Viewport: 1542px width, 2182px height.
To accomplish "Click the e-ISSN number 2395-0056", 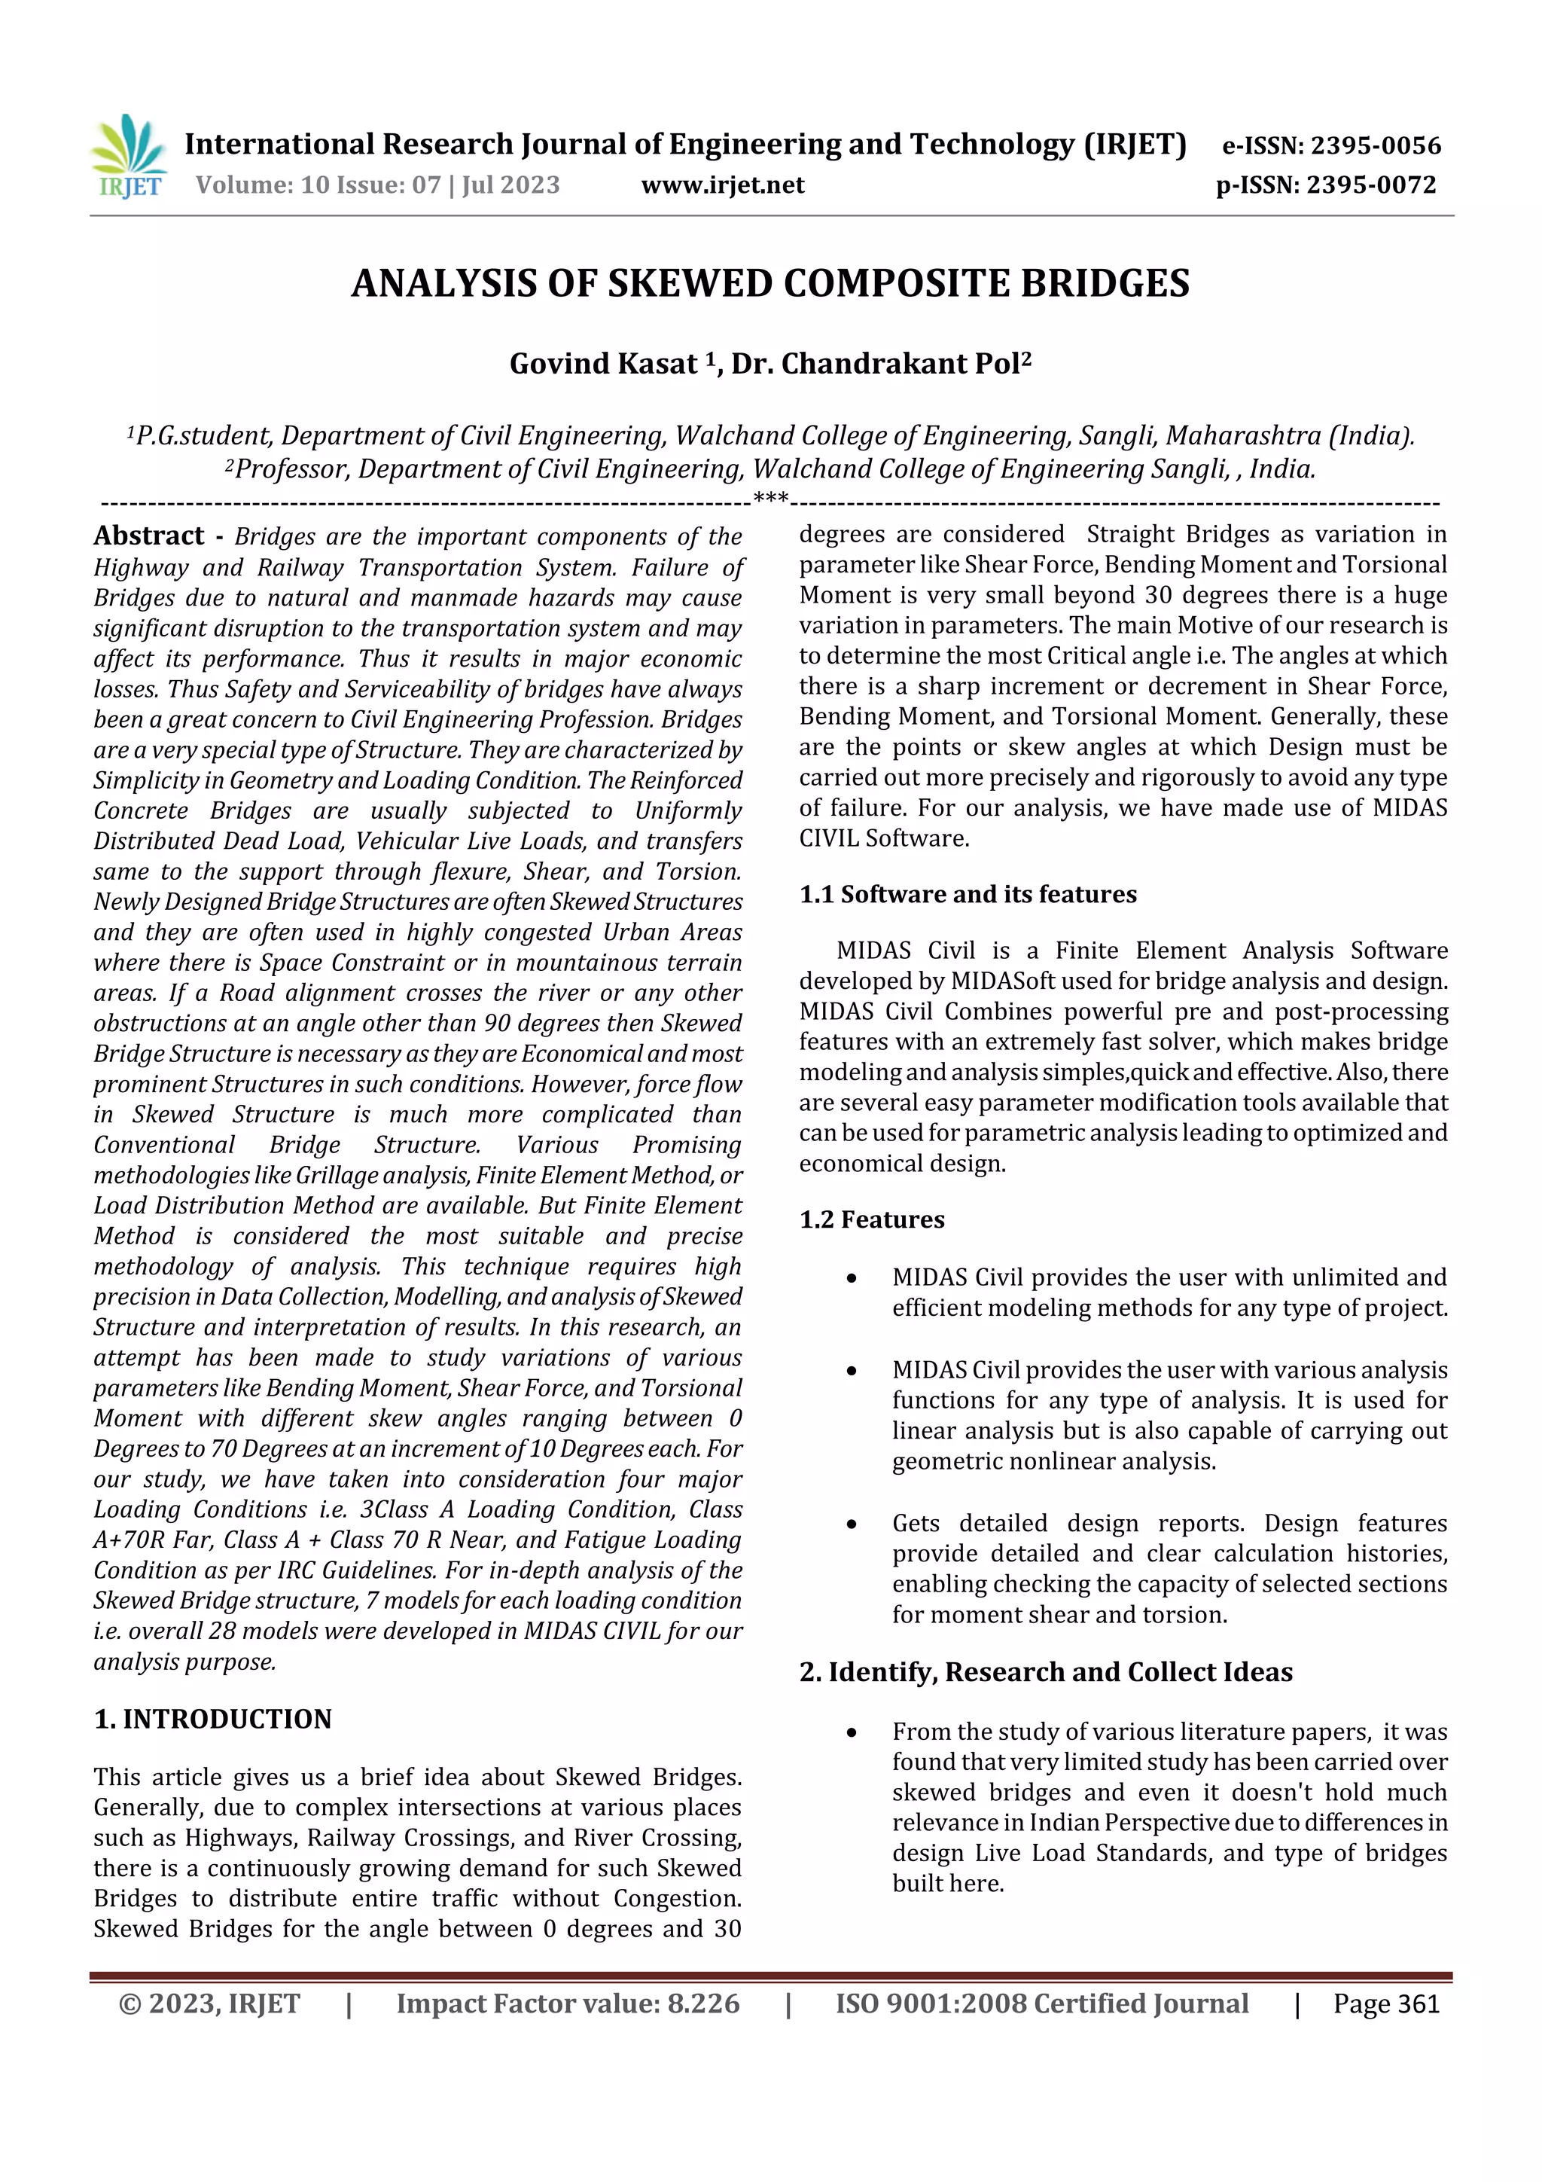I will pos(1376,145).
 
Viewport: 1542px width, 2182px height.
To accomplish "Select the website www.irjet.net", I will pos(722,185).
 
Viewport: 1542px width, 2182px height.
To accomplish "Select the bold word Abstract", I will pos(149,536).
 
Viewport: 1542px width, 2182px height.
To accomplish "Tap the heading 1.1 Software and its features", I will pos(968,894).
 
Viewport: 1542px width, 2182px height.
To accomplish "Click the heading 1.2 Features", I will pos(871,1219).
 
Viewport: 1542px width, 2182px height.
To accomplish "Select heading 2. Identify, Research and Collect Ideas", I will pos(1045,1671).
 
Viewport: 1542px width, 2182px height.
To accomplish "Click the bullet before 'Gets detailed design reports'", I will pos(852,1524).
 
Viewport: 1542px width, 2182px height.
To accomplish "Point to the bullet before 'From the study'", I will pos(852,1732).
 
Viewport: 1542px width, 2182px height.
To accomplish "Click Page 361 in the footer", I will pos(1386,2004).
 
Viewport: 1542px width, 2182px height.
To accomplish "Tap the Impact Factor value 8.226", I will pos(703,2004).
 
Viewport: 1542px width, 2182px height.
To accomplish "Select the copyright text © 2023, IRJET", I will pos(209,2004).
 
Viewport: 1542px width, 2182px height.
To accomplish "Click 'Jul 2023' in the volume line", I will pos(511,185).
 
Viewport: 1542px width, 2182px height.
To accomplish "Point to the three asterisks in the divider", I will pos(770,499).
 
